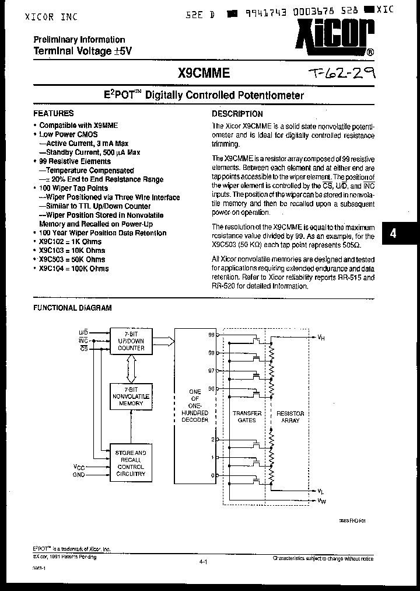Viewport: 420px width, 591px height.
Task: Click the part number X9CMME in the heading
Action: (x=204, y=73)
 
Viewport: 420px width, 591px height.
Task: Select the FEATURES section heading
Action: (x=54, y=114)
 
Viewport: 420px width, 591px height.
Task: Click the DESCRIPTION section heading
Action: (x=237, y=114)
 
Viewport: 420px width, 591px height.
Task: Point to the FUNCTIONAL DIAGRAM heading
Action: (x=72, y=308)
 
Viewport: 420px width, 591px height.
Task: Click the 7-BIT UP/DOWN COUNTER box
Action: (x=131, y=340)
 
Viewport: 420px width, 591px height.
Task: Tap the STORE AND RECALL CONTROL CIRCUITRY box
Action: (x=131, y=463)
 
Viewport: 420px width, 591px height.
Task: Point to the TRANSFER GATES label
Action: (x=247, y=416)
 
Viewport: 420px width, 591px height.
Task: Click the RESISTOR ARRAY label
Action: (x=290, y=416)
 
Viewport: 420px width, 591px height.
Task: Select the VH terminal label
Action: (x=321, y=337)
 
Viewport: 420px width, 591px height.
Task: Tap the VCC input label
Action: (x=79, y=467)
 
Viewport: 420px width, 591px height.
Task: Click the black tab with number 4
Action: (x=393, y=232)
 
